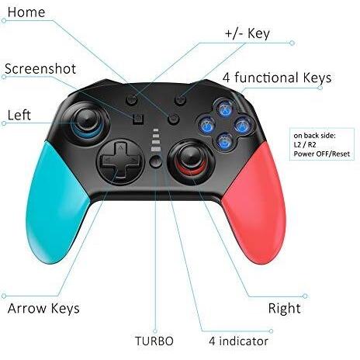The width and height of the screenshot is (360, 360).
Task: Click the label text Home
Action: pos(26,12)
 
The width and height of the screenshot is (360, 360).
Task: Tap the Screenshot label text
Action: pos(40,69)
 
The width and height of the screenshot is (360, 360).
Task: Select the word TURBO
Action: pos(154,341)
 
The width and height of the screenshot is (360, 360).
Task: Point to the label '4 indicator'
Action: pos(238,341)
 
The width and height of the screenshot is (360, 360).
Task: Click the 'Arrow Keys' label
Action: pos(43,309)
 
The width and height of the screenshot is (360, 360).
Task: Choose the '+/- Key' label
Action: pos(247,34)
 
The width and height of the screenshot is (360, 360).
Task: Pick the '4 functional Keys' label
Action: pos(277,78)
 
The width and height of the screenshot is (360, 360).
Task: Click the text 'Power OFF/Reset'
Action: pos(321,154)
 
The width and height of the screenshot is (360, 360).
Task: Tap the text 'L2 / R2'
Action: pos(305,145)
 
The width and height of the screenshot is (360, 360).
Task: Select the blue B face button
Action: pos(224,141)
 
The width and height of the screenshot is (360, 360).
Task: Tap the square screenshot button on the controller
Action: pos(138,119)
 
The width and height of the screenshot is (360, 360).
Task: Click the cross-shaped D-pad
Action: pos(120,161)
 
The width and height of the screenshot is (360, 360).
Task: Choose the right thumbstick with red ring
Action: pos(192,157)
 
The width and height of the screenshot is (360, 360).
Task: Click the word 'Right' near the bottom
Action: pos(284,308)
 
